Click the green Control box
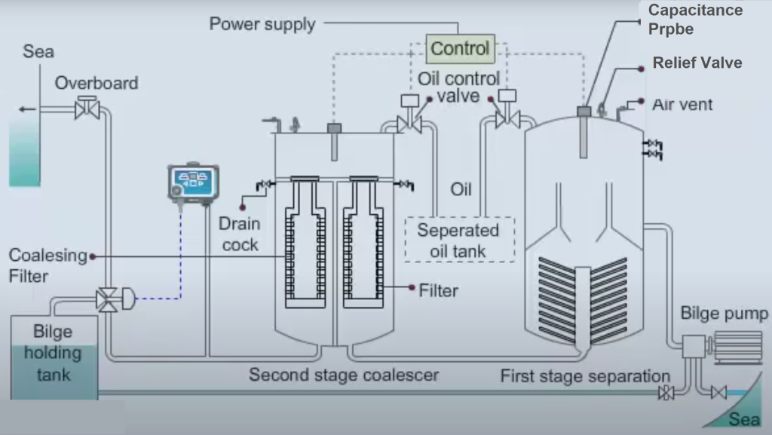[x=460, y=49]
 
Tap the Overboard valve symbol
[x=87, y=110]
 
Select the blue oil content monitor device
[x=194, y=183]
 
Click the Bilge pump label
[x=724, y=314]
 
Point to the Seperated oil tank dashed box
[x=458, y=240]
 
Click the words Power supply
[x=262, y=24]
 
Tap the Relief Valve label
[x=697, y=63]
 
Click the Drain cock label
[x=240, y=234]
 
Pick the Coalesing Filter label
[x=47, y=265]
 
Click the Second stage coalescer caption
[x=344, y=375]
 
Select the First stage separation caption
[x=585, y=375]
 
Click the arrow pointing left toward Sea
[x=28, y=109]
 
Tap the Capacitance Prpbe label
[x=694, y=19]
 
